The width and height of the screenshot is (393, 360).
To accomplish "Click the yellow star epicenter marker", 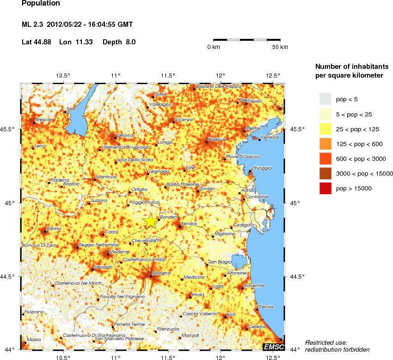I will coord(151,221).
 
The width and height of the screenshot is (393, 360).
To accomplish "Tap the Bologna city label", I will coord(163,274).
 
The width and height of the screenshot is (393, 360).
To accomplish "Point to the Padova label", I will coord(216,139).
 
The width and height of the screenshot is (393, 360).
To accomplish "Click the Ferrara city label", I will coord(189,224).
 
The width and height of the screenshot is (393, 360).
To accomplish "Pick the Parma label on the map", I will coord(54,229).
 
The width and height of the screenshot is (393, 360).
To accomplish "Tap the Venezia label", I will coord(270,137).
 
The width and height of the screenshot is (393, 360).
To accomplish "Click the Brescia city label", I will coord(43,120).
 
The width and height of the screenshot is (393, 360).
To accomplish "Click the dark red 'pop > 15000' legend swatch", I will coord(325,188).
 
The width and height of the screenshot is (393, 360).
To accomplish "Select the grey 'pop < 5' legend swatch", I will coord(325,99).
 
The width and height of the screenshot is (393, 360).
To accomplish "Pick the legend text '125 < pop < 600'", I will coord(359,144).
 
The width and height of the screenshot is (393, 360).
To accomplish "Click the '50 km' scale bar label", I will coord(280,47).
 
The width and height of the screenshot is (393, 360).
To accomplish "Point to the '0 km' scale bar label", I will coord(213,47).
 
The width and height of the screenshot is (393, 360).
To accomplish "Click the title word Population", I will coord(41,4).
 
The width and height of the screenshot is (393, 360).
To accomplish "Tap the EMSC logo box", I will coord(274,347).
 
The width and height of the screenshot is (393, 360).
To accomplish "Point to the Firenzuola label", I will coord(168,329).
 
